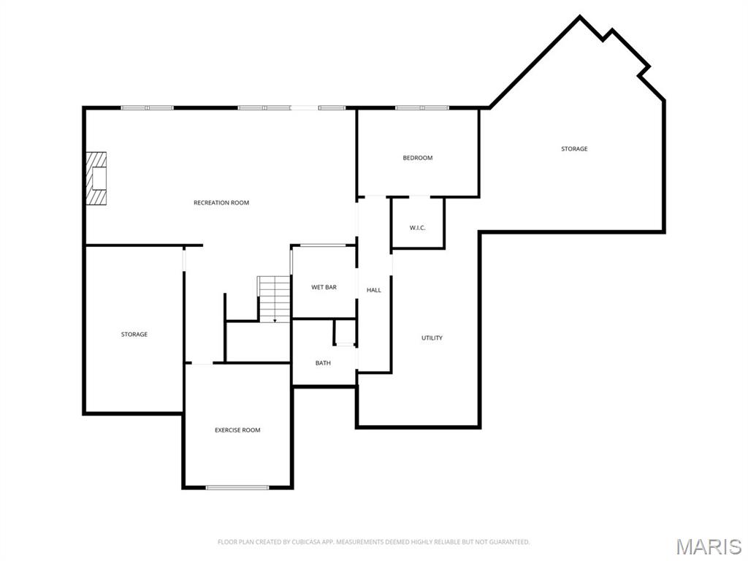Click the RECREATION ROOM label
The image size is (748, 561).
(221, 202)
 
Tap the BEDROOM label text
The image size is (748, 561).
(418, 158)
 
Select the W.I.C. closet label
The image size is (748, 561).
(417, 228)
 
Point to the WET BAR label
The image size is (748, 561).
(324, 287)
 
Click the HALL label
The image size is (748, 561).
(374, 290)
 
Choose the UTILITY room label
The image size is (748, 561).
(432, 337)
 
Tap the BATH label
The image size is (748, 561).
(323, 362)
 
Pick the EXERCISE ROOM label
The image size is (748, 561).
(237, 430)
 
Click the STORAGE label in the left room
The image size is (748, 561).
(134, 335)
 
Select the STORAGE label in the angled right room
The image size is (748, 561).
(574, 149)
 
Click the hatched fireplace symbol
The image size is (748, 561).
(96, 178)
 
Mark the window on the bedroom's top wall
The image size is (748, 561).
(422, 108)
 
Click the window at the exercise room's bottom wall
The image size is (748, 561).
(237, 487)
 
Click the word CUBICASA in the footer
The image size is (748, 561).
(297, 542)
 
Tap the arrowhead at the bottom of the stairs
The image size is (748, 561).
(275, 320)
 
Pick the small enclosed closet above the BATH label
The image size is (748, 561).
(345, 332)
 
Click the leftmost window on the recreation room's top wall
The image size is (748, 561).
(147, 108)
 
